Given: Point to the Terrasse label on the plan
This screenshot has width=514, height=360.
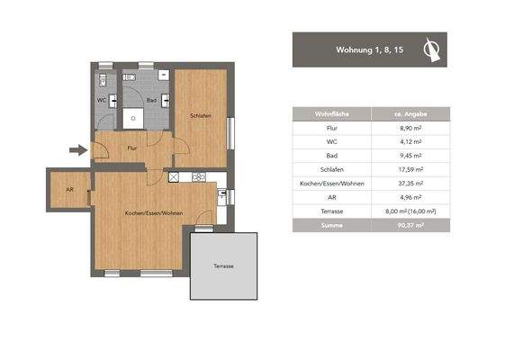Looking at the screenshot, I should coord(223,267).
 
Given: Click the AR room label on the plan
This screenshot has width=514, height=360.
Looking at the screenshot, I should coord(69,190).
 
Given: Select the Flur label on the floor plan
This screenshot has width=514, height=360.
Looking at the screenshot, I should coord(131,148).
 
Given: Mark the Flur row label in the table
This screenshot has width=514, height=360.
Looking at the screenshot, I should coord(331,128).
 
